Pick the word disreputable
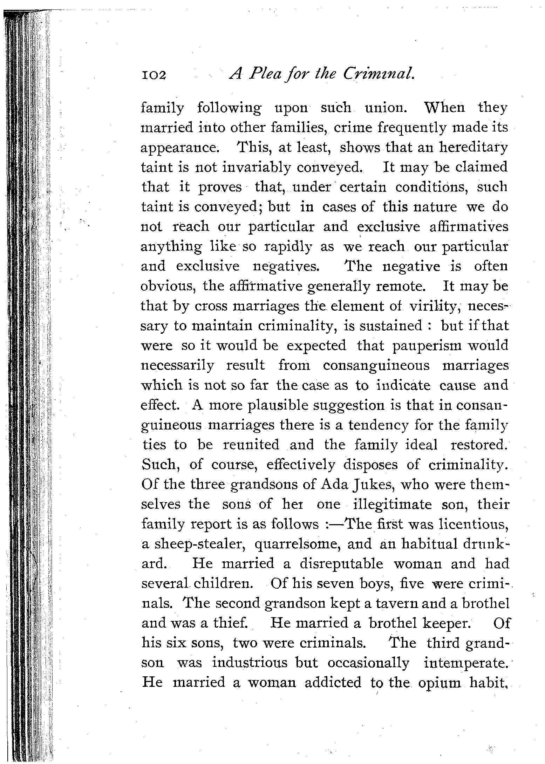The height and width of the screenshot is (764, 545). [x=341, y=564]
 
